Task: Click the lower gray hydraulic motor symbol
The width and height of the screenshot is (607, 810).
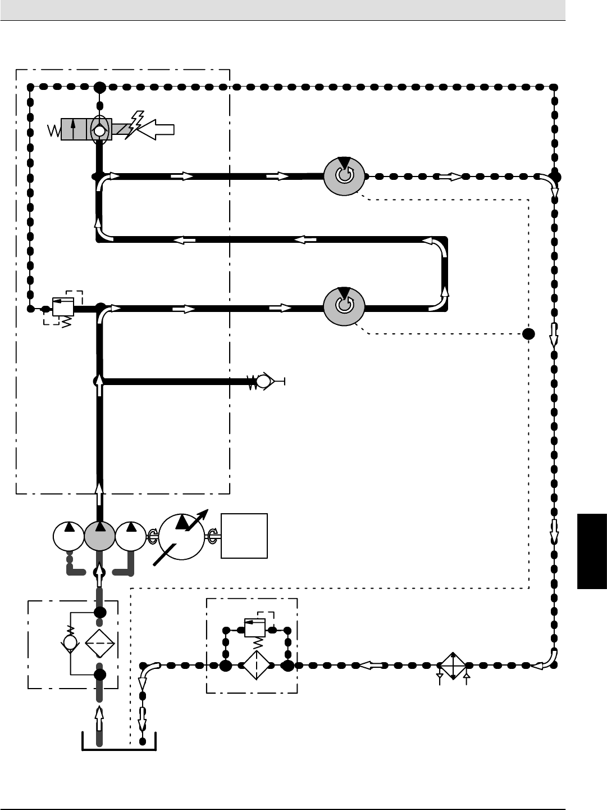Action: click(x=344, y=307)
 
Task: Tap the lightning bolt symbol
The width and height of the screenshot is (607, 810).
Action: click(x=135, y=124)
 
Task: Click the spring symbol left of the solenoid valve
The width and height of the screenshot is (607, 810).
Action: click(x=54, y=131)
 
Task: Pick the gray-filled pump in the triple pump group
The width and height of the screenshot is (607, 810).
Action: click(x=100, y=537)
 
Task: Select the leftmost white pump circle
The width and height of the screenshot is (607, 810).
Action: click(x=68, y=537)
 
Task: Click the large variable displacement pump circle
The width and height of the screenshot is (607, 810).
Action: click(x=183, y=536)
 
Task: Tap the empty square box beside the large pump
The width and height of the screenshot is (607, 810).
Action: click(x=244, y=535)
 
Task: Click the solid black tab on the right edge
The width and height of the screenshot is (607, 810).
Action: click(x=591, y=550)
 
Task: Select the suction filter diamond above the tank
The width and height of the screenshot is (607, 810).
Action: click(x=100, y=642)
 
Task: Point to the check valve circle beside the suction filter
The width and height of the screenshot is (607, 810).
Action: click(x=70, y=642)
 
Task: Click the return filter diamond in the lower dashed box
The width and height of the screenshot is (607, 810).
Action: click(x=256, y=665)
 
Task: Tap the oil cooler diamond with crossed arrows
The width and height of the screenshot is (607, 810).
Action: click(x=453, y=666)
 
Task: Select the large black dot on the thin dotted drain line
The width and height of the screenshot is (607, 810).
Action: click(x=528, y=334)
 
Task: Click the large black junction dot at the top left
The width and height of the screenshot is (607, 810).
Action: click(x=99, y=87)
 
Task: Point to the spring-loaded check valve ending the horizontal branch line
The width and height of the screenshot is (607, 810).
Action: click(x=263, y=382)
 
